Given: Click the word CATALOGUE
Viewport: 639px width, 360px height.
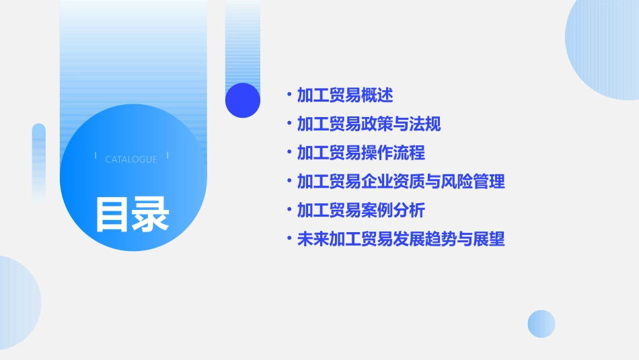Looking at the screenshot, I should click(131, 159).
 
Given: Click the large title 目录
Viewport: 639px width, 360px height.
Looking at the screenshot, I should click(132, 214).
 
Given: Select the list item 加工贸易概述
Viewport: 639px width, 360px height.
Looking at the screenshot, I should click(345, 95).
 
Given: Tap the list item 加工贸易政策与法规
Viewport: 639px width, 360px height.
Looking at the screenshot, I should click(369, 124).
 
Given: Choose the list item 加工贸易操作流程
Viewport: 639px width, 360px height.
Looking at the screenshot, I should click(361, 153).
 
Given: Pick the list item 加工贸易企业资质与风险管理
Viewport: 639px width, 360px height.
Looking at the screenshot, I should click(401, 181).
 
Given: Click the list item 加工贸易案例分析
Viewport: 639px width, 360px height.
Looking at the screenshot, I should click(361, 210).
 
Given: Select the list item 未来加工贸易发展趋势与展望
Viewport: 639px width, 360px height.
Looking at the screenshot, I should click(401, 239).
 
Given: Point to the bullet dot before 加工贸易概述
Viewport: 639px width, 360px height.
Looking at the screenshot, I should click(289, 94).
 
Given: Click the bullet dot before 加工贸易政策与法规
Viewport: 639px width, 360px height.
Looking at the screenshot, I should click(289, 123).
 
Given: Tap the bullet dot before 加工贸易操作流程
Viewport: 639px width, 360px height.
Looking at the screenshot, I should click(289, 152).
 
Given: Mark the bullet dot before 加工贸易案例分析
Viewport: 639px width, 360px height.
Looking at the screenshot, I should click(289, 209).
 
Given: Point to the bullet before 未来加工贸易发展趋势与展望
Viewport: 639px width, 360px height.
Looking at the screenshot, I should click(289, 238).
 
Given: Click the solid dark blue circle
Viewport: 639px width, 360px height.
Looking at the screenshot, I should click(243, 100).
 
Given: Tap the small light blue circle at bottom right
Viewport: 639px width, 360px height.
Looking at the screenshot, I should click(541, 324).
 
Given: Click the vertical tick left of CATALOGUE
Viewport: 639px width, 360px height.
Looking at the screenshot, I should click(96, 156).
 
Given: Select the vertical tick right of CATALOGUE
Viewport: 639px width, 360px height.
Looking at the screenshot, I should click(167, 156).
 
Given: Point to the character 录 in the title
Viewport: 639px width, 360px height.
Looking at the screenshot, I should click(151, 214).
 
